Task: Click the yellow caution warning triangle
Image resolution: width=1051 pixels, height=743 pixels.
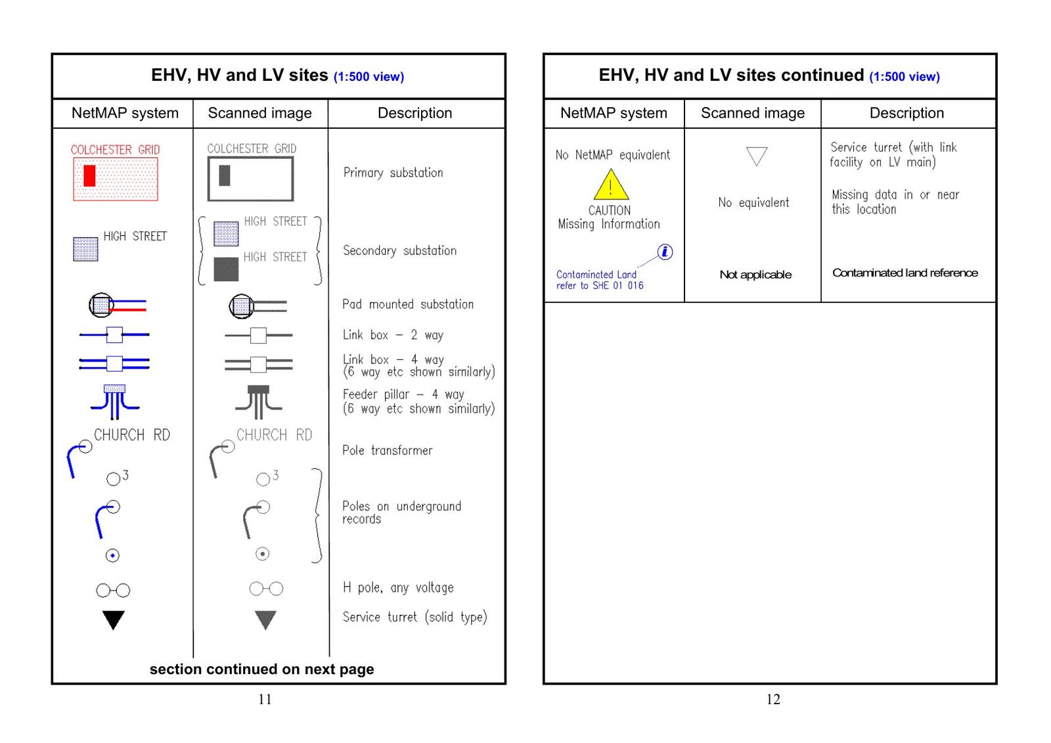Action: coord(610,187)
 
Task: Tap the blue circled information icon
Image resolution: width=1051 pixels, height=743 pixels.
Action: coord(665,252)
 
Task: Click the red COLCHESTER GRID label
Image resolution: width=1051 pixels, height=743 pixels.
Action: coord(115,150)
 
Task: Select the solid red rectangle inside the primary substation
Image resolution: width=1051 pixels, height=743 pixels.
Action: coord(89,175)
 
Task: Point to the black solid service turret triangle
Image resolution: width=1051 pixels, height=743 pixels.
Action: coord(114,619)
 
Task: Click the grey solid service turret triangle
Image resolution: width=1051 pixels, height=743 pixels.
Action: coord(265,619)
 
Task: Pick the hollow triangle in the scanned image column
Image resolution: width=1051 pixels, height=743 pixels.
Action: coord(757,156)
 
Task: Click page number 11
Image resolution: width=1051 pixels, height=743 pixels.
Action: coord(265,699)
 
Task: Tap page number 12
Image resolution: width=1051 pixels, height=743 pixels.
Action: coord(773,699)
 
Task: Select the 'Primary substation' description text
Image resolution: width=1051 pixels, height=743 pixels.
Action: coord(393,173)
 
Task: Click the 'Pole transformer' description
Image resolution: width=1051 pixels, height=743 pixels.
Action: coord(387,451)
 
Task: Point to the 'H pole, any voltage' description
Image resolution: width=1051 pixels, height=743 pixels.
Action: coord(398,588)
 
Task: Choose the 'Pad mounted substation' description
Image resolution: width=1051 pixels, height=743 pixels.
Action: coord(407,304)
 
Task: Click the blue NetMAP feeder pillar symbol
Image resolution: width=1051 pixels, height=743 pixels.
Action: coord(114,401)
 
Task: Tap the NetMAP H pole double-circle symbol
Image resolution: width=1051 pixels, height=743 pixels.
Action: coord(113,591)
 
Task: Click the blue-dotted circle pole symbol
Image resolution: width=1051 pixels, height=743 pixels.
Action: coord(112,556)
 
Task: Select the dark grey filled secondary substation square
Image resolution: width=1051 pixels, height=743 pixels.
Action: coord(226,269)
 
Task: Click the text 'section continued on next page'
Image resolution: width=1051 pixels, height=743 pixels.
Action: coord(261,669)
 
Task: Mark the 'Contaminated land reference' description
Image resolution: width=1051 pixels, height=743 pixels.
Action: coord(905,273)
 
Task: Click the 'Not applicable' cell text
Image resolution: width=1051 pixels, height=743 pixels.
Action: coord(755,275)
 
